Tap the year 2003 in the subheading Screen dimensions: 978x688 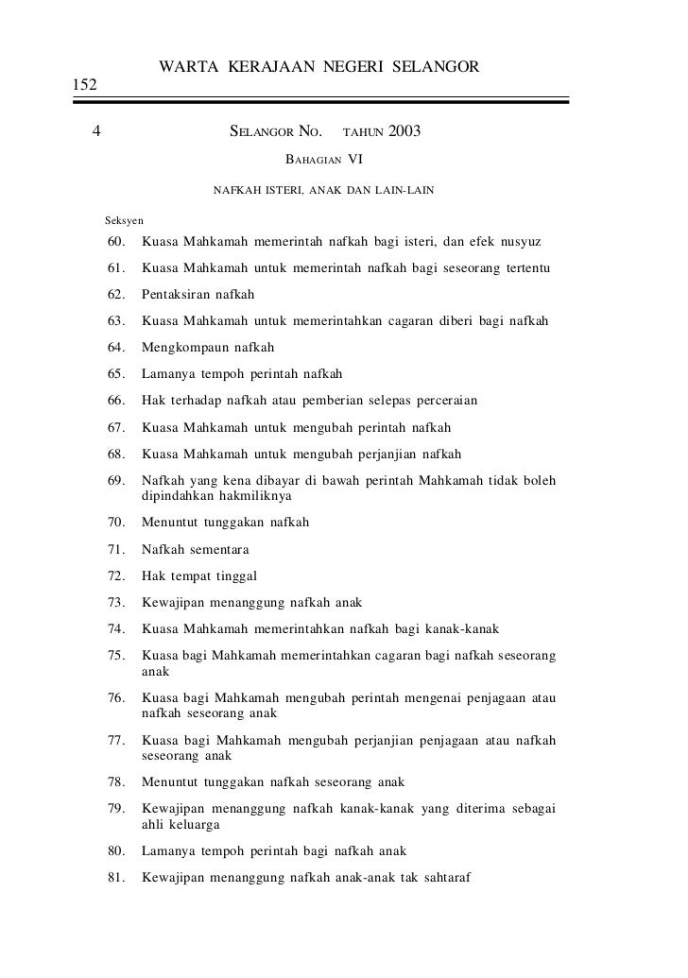(x=404, y=130)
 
